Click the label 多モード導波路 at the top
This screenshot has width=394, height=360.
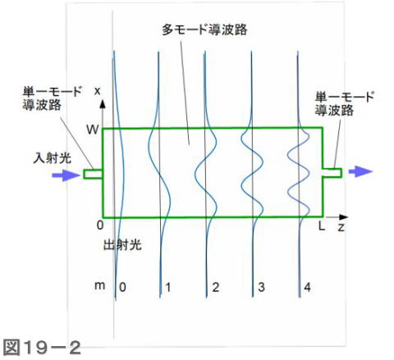click(x=204, y=30)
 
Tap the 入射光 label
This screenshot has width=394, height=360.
click(x=53, y=157)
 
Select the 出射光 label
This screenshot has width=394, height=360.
click(x=122, y=245)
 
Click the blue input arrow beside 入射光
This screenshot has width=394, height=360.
click(x=66, y=175)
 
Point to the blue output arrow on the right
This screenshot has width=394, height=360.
click(x=360, y=171)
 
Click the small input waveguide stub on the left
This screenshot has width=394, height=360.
click(x=93, y=174)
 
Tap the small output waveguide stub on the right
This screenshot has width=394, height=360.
click(x=332, y=173)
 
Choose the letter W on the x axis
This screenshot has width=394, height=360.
click(x=92, y=130)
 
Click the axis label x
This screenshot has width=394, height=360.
click(x=97, y=91)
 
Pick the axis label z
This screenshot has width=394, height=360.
click(x=341, y=227)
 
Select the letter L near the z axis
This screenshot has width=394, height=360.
click(x=322, y=226)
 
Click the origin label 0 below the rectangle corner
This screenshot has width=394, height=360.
click(x=100, y=226)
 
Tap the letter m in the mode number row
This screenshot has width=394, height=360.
click(x=99, y=285)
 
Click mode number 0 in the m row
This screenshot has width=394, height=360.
click(x=122, y=287)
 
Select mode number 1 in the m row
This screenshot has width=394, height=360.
click(x=168, y=287)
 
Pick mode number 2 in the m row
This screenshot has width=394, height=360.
click(x=216, y=287)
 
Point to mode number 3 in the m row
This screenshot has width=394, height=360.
click(x=261, y=287)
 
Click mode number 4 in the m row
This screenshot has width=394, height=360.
click(x=307, y=287)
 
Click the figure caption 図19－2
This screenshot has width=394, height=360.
click(x=42, y=348)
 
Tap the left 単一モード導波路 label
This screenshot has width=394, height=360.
click(x=52, y=98)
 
